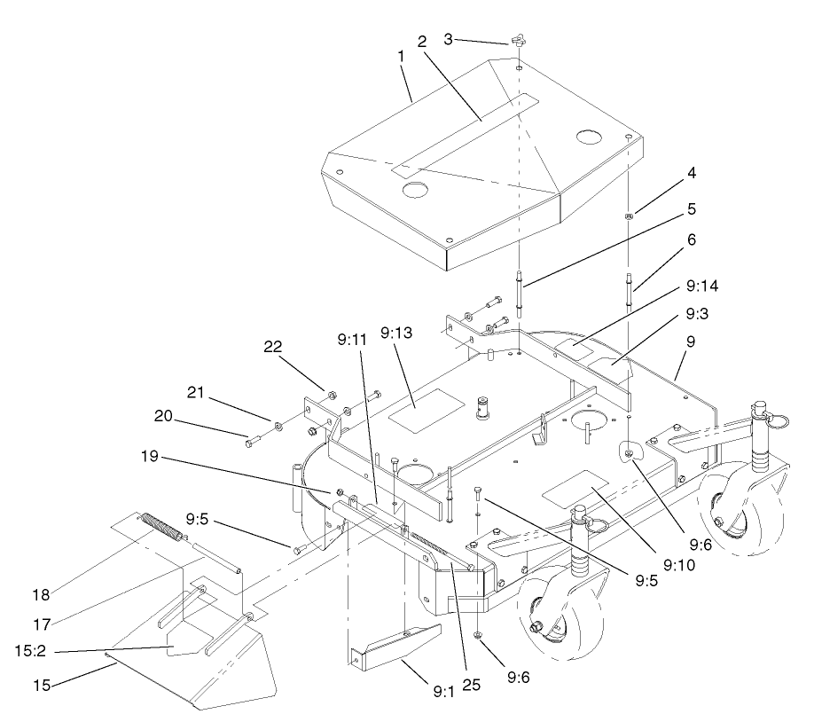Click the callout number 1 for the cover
pos(402,55)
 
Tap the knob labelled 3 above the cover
pos(518,41)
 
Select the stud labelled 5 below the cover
pos(517,293)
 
